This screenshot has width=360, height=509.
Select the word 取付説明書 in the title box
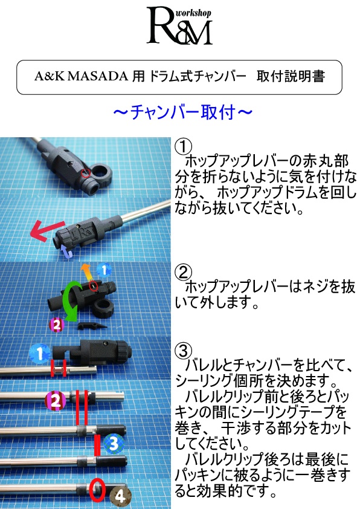[290, 77]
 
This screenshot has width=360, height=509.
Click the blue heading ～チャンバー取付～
[179, 112]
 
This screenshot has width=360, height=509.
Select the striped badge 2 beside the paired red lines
[55, 400]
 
